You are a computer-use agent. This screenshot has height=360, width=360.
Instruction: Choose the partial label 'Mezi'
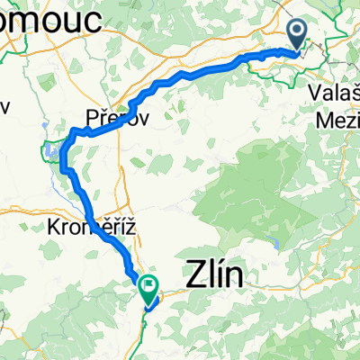337,118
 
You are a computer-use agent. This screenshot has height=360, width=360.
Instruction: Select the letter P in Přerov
92,117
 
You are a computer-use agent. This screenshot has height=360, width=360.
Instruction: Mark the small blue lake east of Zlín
275,242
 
